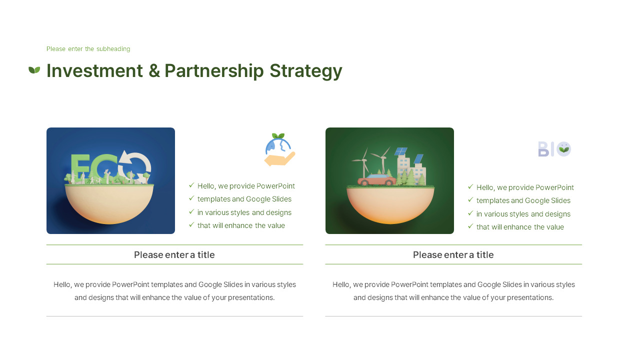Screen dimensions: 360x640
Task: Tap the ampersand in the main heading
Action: pos(154,71)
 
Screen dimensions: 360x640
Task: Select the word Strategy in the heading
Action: pos(305,71)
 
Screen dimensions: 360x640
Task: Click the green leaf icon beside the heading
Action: pos(34,70)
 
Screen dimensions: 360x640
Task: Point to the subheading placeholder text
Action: pos(88,49)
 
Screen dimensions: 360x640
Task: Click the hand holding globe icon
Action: pos(279,150)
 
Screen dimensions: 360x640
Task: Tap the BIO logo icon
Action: pos(554,149)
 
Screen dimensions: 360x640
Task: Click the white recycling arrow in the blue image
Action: pos(135,164)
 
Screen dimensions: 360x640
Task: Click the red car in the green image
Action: pos(376,180)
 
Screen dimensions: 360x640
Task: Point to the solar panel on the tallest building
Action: pos(400,151)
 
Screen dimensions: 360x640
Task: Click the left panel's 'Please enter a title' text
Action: pos(174,255)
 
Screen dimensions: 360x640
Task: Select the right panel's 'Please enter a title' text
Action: pos(453,255)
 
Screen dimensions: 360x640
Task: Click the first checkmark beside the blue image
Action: pos(191,185)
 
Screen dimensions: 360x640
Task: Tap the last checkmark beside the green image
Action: pos(470,226)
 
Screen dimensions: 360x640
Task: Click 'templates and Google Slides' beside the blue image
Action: pos(244,199)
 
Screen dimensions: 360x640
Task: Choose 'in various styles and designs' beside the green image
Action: pos(523,214)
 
